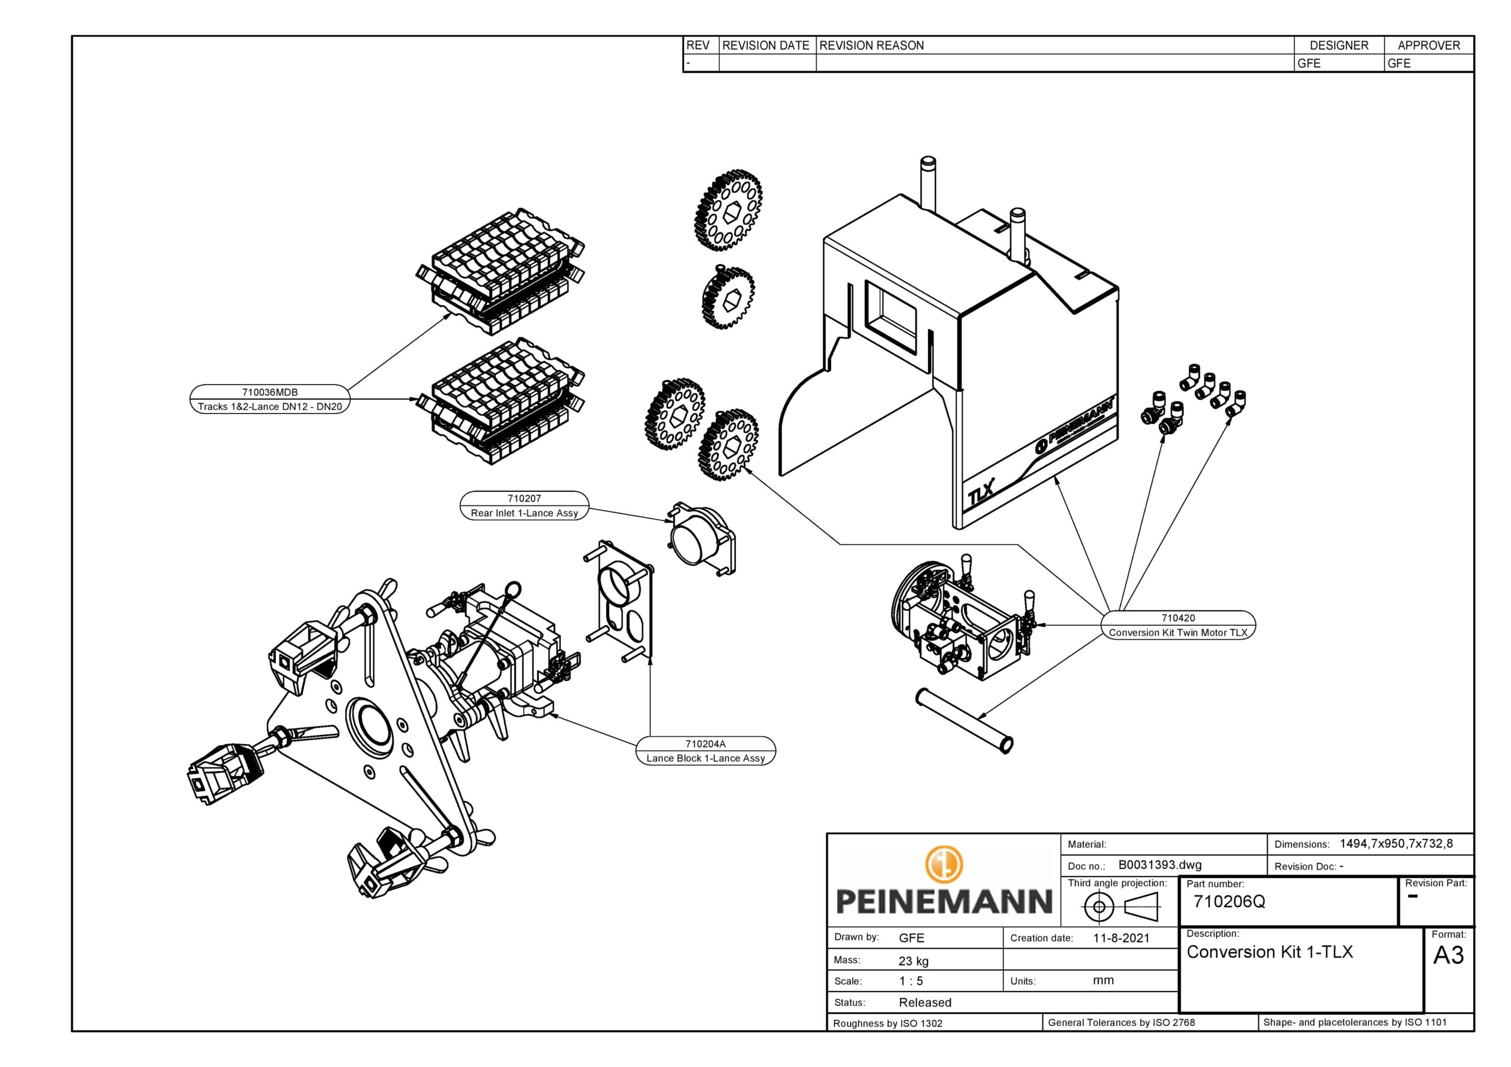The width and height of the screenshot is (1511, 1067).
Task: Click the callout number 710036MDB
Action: pos(270,392)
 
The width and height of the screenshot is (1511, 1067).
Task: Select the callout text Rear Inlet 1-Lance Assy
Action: pos(524,513)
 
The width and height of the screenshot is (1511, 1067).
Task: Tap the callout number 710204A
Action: pos(705,744)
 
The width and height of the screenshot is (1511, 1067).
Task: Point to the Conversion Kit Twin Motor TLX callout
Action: pos(1178,632)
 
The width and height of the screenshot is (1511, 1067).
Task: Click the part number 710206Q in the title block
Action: pos(1229,901)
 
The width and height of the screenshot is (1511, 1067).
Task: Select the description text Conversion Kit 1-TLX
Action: pos(1270,952)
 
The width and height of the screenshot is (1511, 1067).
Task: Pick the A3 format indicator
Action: pos(1448,955)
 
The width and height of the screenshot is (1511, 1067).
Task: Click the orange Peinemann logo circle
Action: pos(944,864)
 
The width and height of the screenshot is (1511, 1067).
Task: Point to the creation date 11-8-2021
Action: pos(1121,938)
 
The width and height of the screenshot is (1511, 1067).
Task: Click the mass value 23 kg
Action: pos(914,961)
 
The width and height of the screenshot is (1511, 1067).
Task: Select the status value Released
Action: pos(925,1003)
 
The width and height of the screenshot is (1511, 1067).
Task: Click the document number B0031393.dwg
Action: pos(1160,865)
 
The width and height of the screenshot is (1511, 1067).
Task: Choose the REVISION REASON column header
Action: pos(871,45)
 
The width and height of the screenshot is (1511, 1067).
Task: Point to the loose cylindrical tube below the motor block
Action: pos(964,720)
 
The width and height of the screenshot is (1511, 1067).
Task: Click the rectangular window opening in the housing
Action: pos(891,319)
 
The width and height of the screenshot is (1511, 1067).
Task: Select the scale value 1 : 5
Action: pos(911,981)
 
